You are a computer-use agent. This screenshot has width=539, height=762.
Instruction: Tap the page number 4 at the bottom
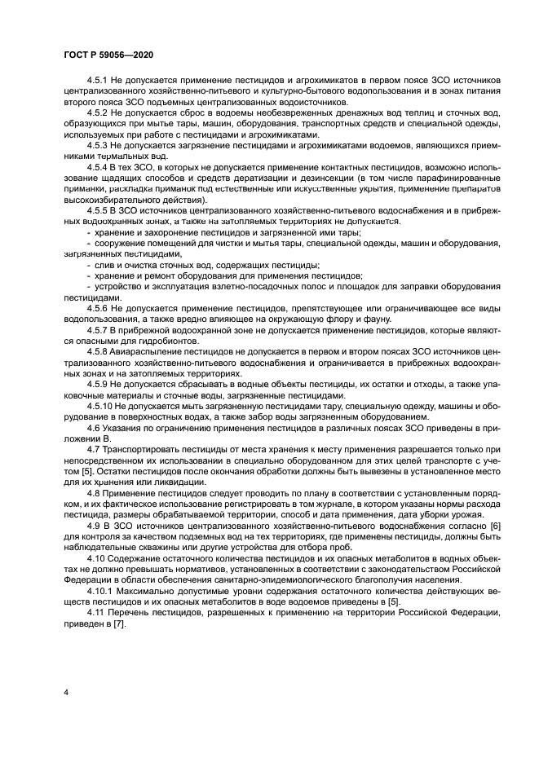coord(64,692)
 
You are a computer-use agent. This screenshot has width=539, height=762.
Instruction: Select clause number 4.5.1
coord(98,80)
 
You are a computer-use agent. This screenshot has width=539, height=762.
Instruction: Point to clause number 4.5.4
coord(98,165)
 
